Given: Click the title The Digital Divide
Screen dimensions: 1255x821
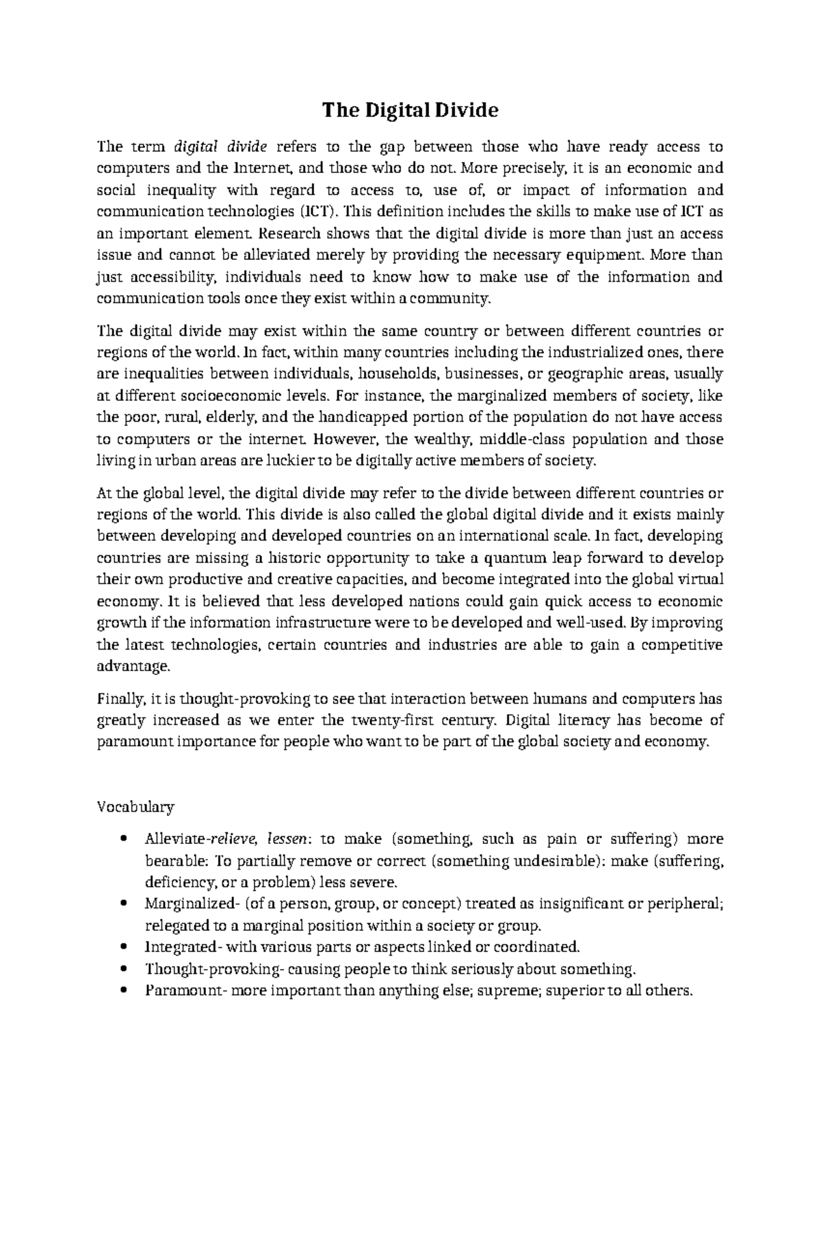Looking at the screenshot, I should tap(410, 110).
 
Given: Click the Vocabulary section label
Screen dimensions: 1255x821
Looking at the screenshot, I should tap(135, 807).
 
